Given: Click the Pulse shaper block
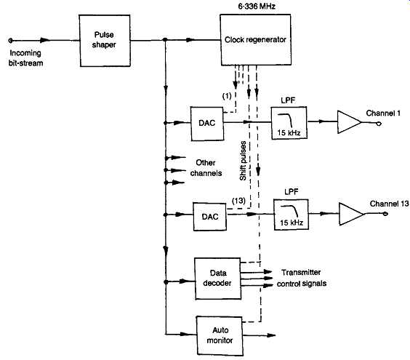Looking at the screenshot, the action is pos(105,41).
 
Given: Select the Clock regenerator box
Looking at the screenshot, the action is pos(256,40).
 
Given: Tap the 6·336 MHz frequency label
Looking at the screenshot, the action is pos(257,7).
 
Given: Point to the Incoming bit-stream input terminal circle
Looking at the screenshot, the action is pos(10,41).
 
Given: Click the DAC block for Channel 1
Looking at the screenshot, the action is pos(207,124).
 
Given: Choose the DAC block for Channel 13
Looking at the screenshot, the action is pos(210,217).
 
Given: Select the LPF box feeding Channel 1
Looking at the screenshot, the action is pos(289,123).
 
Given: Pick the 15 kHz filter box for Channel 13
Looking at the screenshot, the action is pos(292,215).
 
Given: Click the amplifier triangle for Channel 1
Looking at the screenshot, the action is pos(350,122).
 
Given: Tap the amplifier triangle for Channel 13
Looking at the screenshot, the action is pos(351,214).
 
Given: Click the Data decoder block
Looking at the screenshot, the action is pos(218,279).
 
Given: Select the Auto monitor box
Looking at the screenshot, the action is pos(220,336).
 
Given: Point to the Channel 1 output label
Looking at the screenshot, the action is pos(383,113).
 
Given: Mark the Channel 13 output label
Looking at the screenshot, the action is pos(389,204).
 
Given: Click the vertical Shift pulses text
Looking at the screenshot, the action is pos(244,161).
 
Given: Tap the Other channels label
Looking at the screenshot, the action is pos(206,168).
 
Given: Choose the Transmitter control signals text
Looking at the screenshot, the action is pos(302,278).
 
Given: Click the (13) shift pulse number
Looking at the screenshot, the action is pos(238,201).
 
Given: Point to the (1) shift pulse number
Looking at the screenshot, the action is pos(227,96).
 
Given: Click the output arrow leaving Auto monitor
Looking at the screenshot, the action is pos(259,335).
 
